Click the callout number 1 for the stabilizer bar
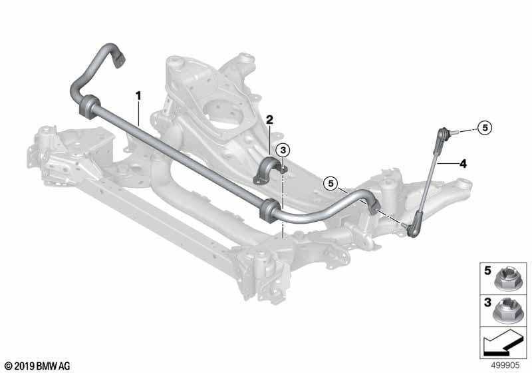click(138, 96)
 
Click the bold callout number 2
click(269, 120)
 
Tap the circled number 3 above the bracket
click(283, 150)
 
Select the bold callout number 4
click(463, 164)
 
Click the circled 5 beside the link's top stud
click(485, 128)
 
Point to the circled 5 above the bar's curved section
click(331, 184)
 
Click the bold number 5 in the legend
click(487, 270)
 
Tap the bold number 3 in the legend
click(487, 302)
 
